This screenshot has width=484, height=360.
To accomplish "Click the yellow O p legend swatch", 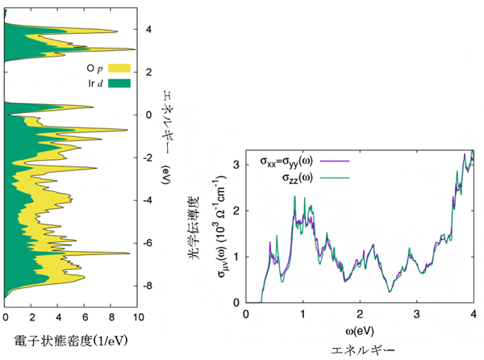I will (x=119, y=68).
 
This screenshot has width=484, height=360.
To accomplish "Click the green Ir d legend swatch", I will (x=119, y=83).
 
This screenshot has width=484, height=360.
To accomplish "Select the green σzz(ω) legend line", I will (x=334, y=178).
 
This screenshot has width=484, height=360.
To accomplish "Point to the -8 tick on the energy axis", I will (x=146, y=286).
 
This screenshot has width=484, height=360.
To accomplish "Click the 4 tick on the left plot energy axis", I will (x=147, y=30).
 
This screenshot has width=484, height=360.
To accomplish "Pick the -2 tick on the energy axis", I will (x=146, y=157).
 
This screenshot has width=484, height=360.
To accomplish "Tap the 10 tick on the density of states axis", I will (x=138, y=316).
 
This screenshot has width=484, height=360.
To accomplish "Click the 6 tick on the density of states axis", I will (x=85, y=316).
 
